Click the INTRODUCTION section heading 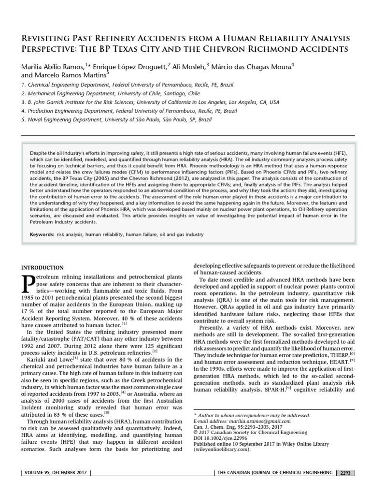(x=43, y=267)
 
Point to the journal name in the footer (x=275, y=473)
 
